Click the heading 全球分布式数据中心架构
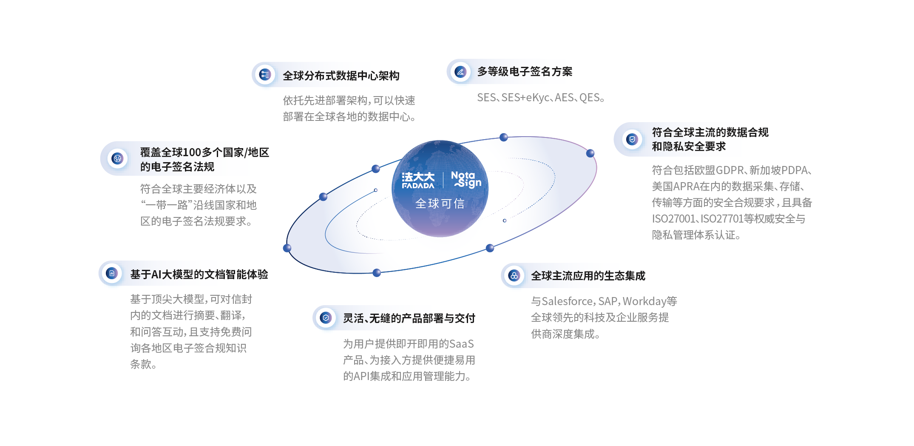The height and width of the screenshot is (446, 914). point(341,76)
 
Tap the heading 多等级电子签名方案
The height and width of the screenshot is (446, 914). point(525,71)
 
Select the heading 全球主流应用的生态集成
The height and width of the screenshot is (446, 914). point(588,276)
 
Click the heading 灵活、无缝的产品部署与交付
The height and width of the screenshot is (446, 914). point(409,318)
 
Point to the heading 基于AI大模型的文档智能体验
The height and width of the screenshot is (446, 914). point(199,274)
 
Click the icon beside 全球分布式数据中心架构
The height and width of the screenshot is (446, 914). point(265,75)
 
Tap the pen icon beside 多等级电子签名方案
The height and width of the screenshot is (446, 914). point(460,71)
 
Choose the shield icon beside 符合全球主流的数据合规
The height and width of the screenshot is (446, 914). point(632,139)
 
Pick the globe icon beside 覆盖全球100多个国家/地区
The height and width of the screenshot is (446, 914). point(117,158)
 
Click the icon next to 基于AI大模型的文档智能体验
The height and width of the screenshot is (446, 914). point(112,273)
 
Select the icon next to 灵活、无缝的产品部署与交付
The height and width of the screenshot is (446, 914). point(326,317)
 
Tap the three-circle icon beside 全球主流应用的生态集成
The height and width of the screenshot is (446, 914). point(514,275)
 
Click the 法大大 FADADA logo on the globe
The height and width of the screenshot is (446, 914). point(418,180)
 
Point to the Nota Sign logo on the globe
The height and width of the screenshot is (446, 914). point(466,180)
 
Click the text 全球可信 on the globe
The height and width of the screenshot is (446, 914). point(440,203)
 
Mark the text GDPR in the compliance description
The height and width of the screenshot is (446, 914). point(730,170)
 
